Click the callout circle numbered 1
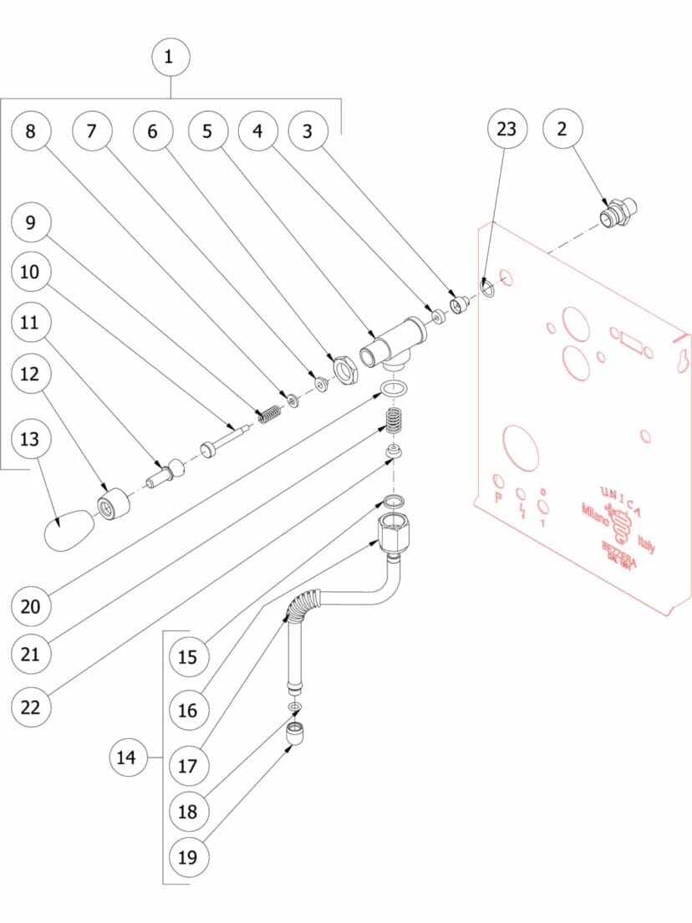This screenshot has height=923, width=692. tap(170, 57)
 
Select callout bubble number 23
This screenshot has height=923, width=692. tap(507, 129)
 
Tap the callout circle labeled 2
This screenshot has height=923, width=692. tap(562, 129)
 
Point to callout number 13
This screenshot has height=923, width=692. tap(30, 439)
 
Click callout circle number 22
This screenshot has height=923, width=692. tap(30, 707)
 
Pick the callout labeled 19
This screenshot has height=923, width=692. tap(188, 857)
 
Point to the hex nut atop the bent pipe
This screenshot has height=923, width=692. tap(393, 533)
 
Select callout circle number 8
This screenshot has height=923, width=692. tap(30, 131)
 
